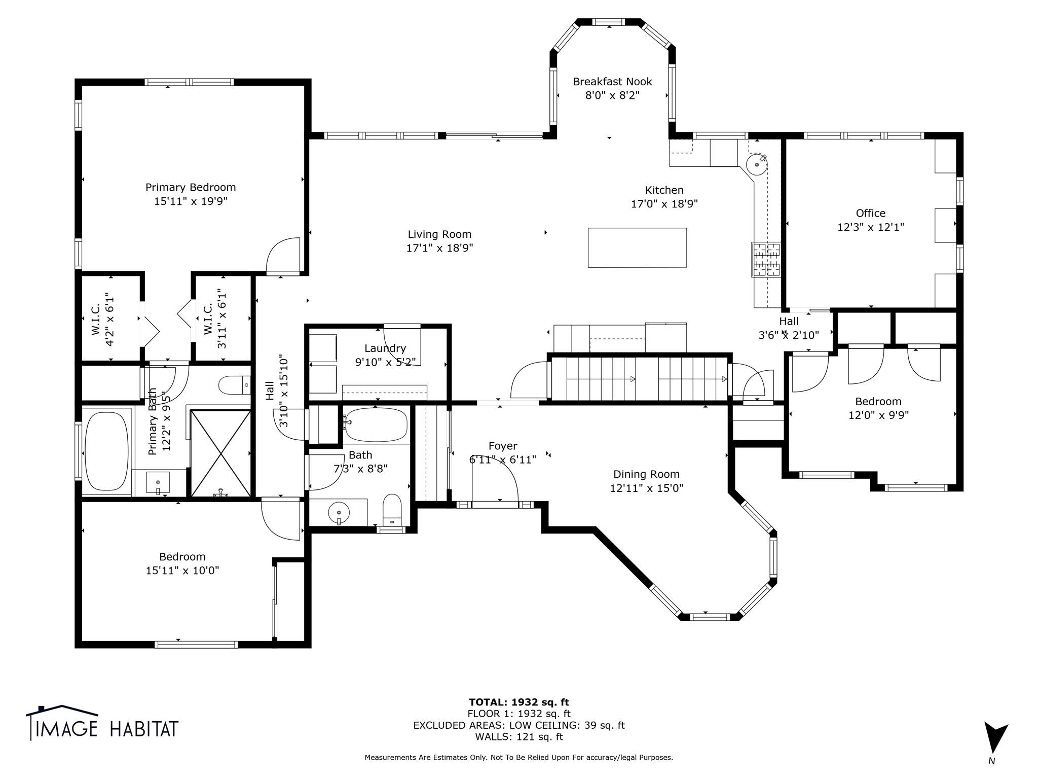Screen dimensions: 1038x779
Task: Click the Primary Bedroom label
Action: pos(191,187)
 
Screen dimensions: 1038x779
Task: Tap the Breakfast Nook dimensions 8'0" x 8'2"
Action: pos(612,95)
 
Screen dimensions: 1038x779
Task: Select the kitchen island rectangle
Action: pos(637,247)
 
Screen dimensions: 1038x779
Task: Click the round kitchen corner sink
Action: pos(757,164)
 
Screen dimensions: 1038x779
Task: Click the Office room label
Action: pos(871,213)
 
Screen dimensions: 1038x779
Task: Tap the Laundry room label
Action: pos(385,348)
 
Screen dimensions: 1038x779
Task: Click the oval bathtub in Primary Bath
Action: pos(107,451)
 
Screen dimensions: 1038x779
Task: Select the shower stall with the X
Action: pos(220,453)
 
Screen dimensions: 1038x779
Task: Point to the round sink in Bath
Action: pos(339,513)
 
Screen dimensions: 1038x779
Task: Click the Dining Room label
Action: pos(646,474)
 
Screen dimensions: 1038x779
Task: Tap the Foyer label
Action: pos(503,446)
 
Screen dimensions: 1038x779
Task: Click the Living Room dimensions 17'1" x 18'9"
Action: pos(439,248)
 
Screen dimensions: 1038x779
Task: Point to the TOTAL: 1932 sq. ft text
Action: pos(519,702)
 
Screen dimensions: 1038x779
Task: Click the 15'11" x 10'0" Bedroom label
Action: pos(182,563)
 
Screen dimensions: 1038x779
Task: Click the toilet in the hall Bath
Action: pos(392,509)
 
